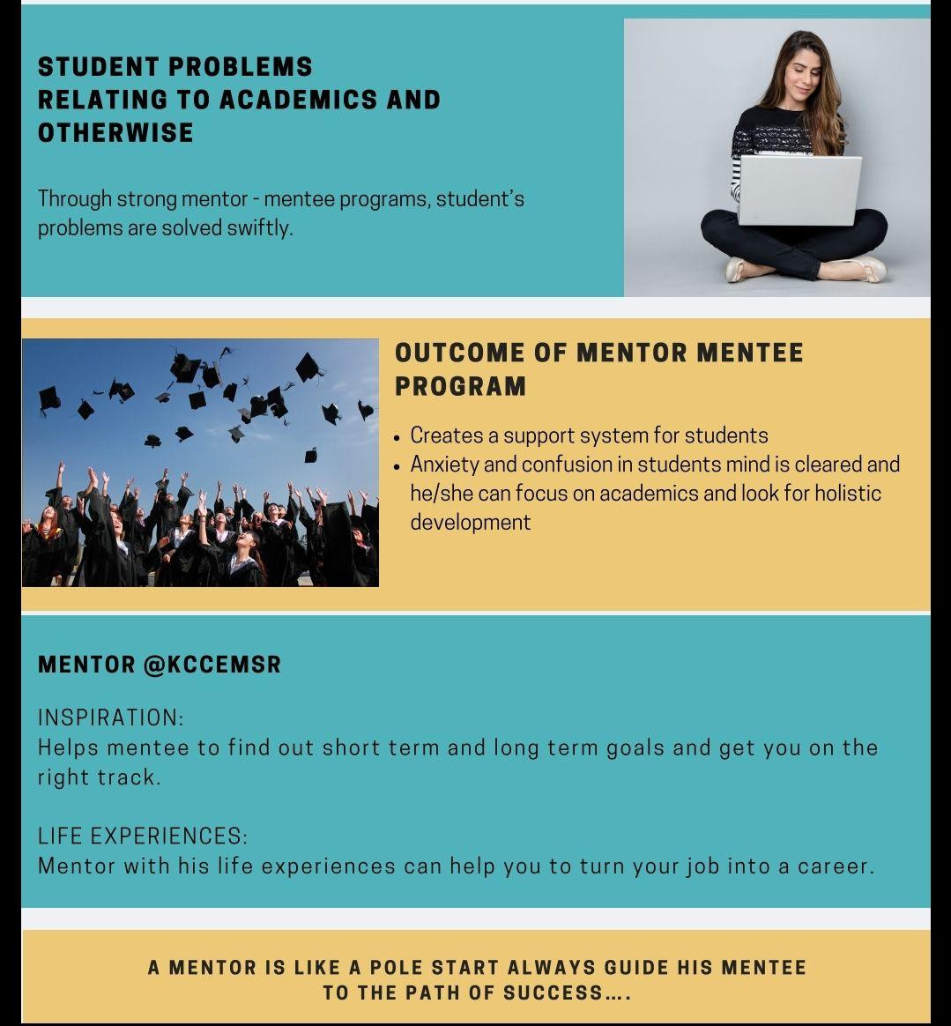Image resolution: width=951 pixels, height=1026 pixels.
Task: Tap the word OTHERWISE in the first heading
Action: pyautogui.click(x=115, y=133)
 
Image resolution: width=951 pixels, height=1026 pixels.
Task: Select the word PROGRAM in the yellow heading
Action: pyautogui.click(x=460, y=386)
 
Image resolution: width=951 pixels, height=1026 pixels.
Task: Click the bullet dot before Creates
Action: pyautogui.click(x=398, y=436)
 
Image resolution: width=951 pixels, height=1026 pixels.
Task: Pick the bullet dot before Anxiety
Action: pyautogui.click(x=398, y=465)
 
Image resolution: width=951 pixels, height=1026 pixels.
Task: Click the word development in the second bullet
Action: pyautogui.click(x=470, y=522)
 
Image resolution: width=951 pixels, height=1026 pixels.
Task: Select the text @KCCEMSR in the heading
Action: pyautogui.click(x=212, y=665)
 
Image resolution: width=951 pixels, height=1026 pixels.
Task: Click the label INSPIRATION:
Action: pyautogui.click(x=111, y=717)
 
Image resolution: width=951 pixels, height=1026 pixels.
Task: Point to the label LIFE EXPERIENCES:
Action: pyautogui.click(x=143, y=836)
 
